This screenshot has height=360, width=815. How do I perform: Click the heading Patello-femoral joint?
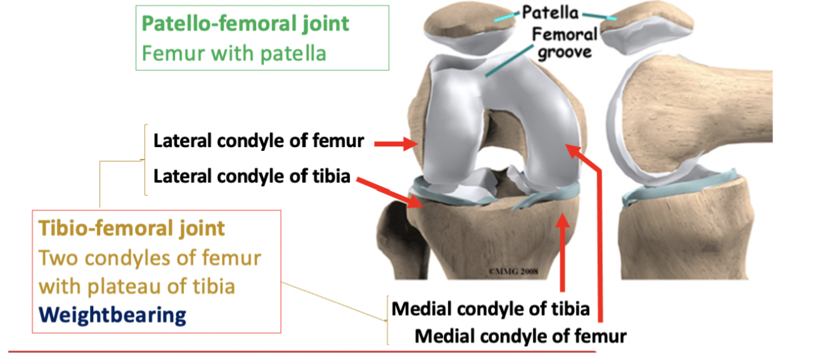[245, 24]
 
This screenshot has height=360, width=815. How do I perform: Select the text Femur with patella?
[234, 53]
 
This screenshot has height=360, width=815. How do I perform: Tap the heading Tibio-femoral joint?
[132, 228]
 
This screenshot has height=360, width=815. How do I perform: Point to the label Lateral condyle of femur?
[259, 141]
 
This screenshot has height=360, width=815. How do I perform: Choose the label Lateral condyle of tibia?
[252, 176]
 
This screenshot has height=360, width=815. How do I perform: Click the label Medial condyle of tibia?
[491, 309]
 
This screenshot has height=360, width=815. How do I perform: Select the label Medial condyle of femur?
[520, 335]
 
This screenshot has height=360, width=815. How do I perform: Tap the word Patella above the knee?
[552, 12]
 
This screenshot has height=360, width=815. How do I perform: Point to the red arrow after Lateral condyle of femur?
[394, 145]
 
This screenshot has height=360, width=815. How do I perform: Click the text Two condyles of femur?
[150, 258]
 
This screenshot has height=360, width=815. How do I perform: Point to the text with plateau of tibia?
[137, 286]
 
